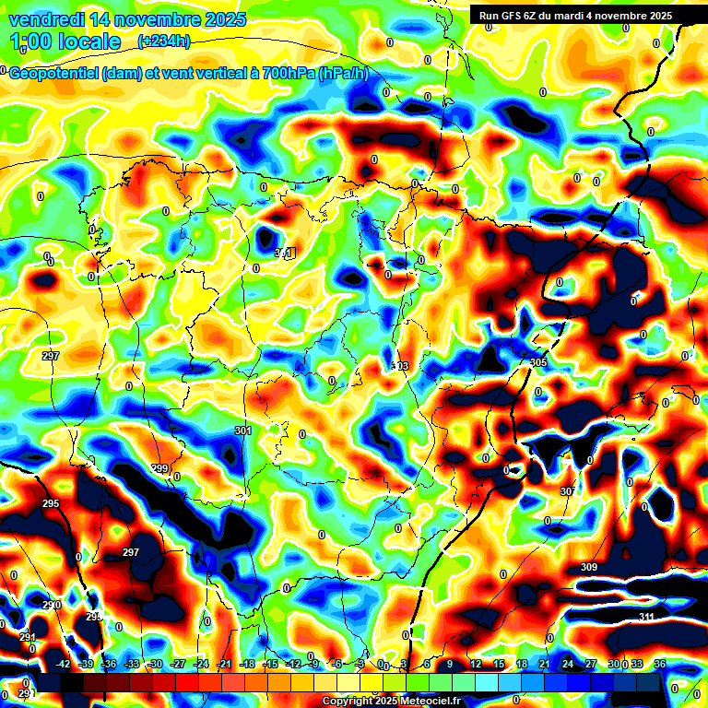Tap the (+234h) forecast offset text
(x=164, y=41)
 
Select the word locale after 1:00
(x=87, y=41)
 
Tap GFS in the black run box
(x=515, y=16)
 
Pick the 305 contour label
(x=538, y=362)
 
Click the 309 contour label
(x=589, y=567)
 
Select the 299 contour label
(x=159, y=469)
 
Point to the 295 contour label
(x=51, y=503)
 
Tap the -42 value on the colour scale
(x=64, y=664)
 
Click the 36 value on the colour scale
(x=660, y=664)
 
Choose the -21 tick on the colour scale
(x=224, y=664)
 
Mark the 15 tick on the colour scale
(x=499, y=664)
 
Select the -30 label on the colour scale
(x=155, y=664)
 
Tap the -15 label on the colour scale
(x=270, y=664)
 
